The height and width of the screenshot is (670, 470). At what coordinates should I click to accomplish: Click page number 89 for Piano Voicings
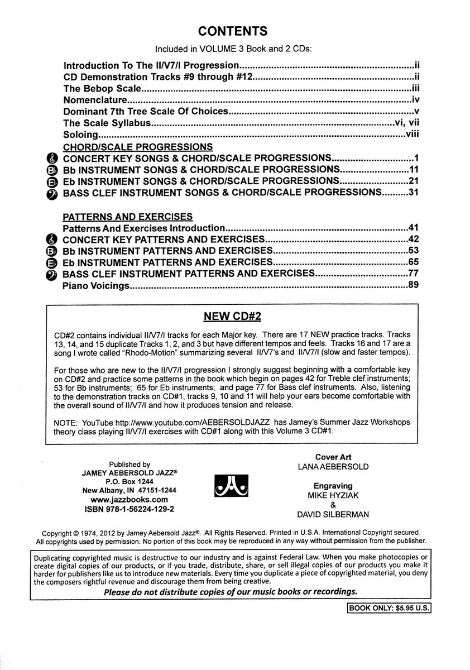[413, 286]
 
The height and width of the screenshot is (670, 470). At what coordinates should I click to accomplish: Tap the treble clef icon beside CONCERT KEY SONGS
[51, 159]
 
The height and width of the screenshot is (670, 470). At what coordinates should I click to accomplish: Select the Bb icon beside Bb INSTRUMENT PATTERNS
[51, 251]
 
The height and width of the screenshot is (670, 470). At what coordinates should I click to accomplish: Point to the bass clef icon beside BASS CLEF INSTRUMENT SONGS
[51, 193]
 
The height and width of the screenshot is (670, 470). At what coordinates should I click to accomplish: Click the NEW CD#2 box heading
[233, 317]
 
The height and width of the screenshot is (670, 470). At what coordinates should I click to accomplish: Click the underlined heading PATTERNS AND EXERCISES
[128, 216]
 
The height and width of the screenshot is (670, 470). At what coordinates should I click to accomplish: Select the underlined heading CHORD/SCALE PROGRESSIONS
[137, 147]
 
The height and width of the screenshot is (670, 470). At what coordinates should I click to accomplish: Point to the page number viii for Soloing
[412, 135]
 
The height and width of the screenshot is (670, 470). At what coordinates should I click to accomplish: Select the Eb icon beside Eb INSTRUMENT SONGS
[51, 181]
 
